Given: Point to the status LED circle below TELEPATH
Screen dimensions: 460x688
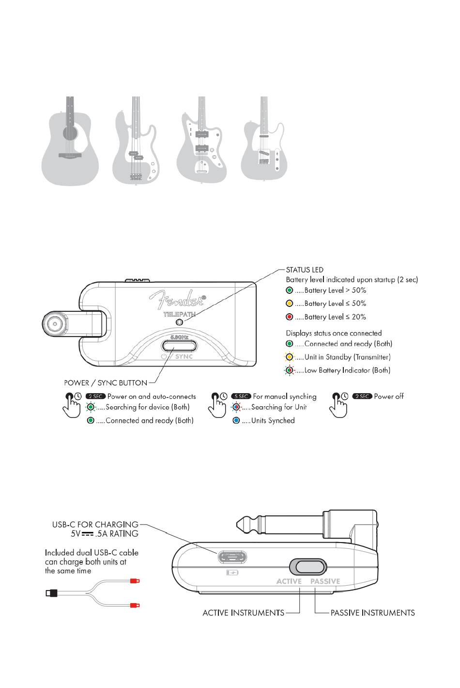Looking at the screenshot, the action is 180,322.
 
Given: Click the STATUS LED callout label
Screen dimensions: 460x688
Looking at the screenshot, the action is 305,270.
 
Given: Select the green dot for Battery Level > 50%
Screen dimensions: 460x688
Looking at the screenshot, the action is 289,290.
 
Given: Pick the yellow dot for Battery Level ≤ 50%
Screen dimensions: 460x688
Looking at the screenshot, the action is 289,304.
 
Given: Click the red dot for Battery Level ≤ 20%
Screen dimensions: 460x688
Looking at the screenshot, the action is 289,317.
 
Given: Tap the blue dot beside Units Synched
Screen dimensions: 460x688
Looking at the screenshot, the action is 236,420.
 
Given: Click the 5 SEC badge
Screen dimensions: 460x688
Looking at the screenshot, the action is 241,396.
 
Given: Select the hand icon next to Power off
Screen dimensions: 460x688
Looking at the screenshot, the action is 338,405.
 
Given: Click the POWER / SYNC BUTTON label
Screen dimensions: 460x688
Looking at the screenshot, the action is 106,383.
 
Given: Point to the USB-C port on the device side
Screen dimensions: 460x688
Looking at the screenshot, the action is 232,557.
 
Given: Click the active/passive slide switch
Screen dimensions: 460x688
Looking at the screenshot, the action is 308,567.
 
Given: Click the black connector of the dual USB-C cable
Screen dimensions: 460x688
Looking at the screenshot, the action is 51,593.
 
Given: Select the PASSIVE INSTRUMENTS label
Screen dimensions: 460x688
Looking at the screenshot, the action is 373,613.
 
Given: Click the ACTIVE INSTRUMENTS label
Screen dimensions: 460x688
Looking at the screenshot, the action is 244,613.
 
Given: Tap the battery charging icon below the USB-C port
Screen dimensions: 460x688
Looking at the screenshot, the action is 232,573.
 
